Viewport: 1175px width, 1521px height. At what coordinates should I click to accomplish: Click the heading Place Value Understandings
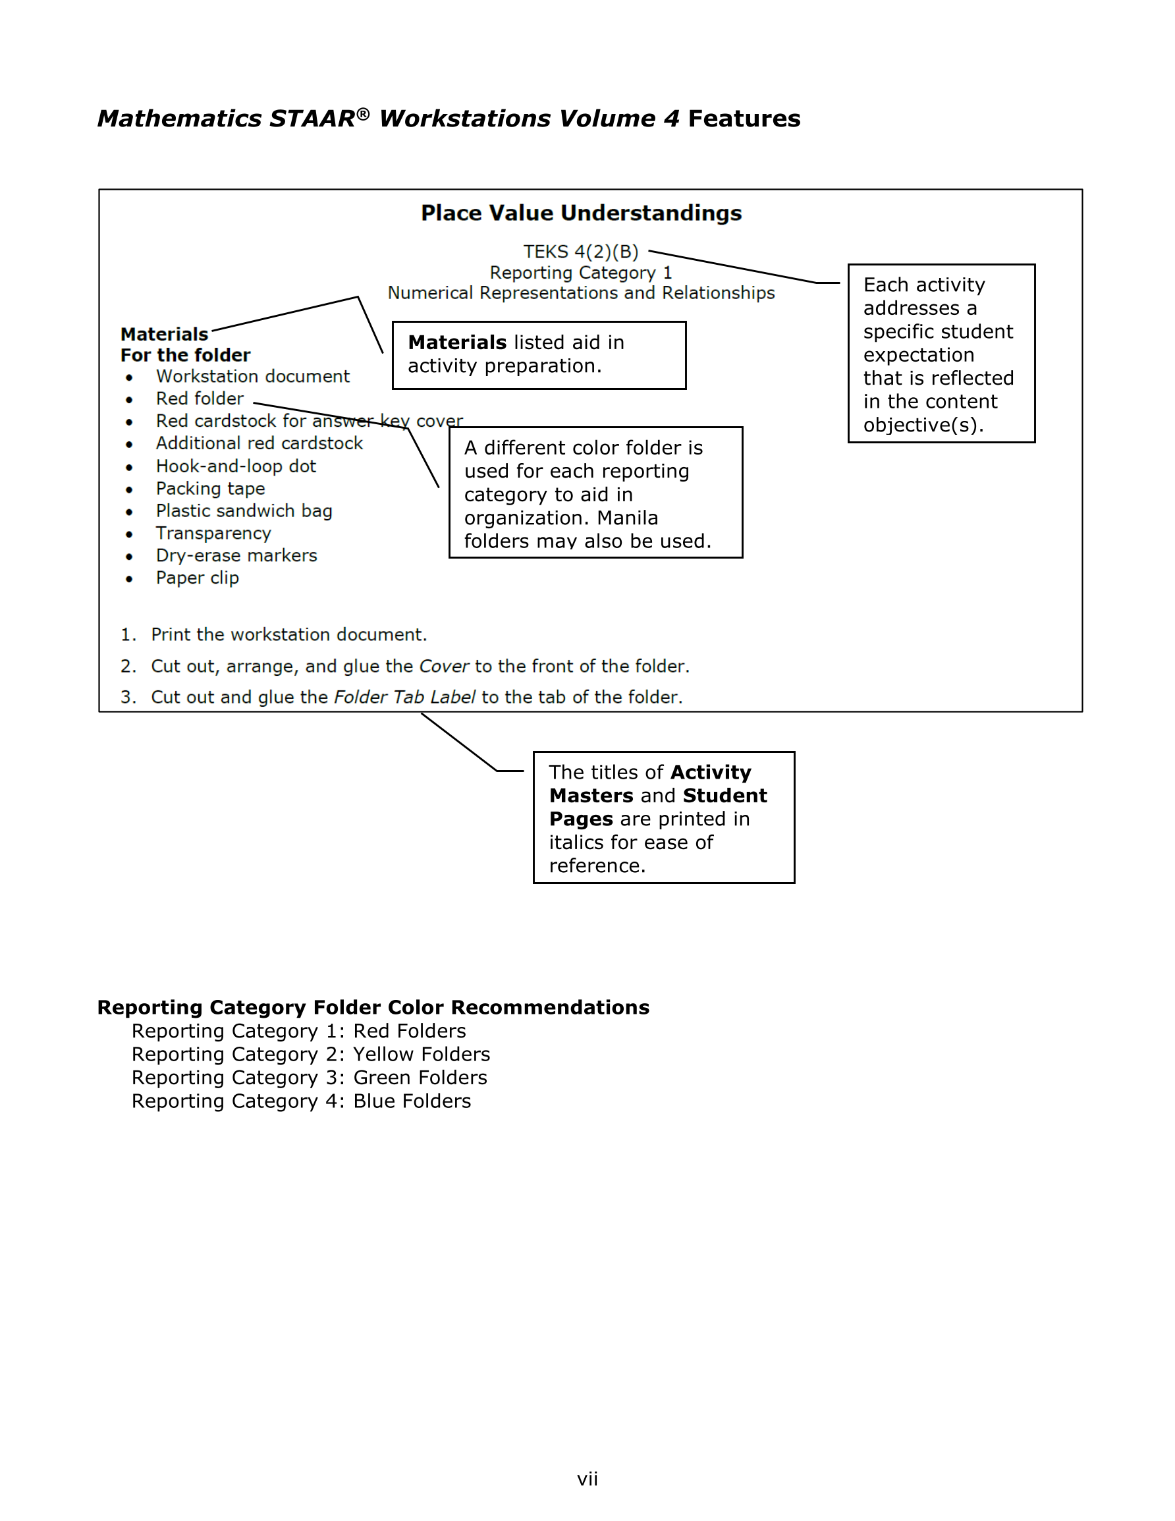pos(581,213)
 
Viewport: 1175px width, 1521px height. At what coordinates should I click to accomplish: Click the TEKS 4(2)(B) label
pos(580,252)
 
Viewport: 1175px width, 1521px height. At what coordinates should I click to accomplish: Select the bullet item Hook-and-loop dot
pos(235,466)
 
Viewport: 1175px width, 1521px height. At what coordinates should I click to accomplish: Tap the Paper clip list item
pos(197,578)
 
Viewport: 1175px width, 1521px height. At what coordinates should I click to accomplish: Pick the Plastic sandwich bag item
pos(244,511)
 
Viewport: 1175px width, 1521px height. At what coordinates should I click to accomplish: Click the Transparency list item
pos(213,533)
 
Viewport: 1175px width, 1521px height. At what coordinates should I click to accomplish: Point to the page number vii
pos(587,1479)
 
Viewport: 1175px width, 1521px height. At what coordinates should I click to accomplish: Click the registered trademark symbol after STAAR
pos(363,113)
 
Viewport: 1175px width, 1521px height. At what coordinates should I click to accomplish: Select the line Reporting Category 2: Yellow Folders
pos(311,1055)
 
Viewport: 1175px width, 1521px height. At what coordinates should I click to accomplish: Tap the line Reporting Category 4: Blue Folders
pos(301,1101)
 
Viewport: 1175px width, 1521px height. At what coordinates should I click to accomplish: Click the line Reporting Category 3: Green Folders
pos(310,1078)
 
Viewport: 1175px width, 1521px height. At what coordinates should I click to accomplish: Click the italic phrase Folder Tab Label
pos(404,697)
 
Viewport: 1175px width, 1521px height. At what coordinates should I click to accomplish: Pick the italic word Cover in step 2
pos(444,667)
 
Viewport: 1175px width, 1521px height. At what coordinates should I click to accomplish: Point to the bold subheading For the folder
pos(185,355)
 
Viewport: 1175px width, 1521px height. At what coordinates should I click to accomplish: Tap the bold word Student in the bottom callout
pos(724,795)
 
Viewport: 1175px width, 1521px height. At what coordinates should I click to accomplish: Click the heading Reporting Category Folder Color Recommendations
pos(373,1007)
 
